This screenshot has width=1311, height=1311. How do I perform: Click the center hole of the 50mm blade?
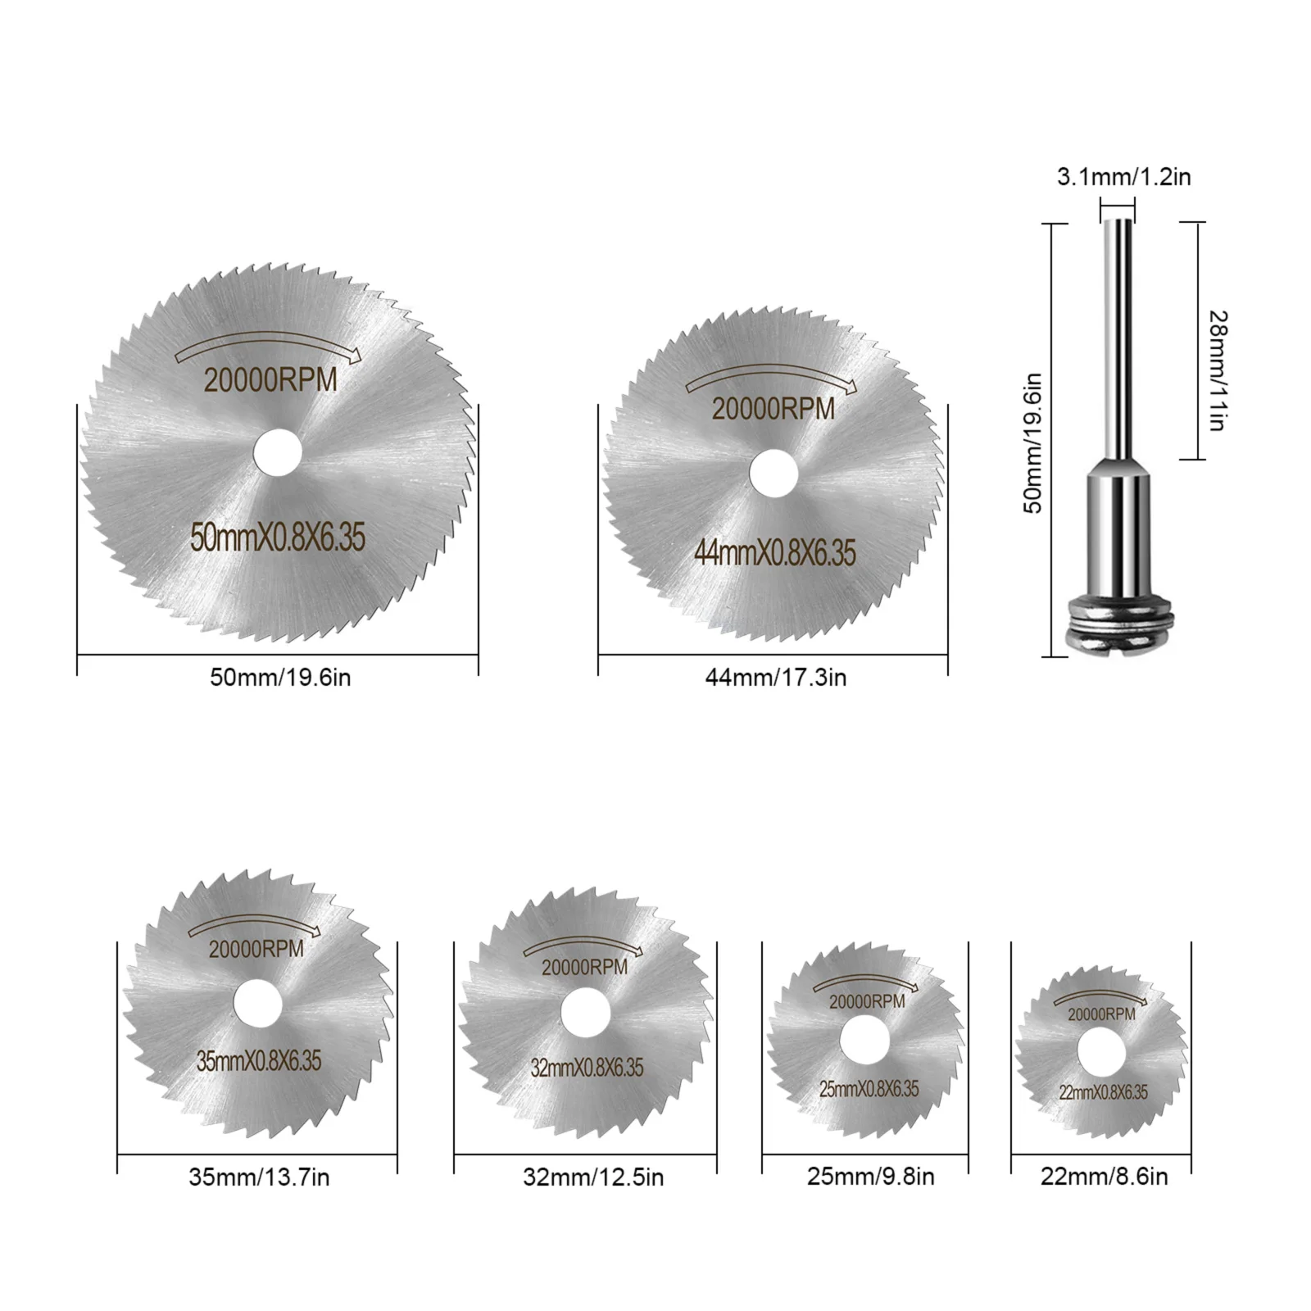click(x=278, y=453)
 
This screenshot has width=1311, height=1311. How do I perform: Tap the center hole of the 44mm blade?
click(x=774, y=473)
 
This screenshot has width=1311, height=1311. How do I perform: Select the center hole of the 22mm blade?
click(x=1101, y=1053)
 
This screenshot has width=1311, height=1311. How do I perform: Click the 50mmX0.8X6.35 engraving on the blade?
click(x=278, y=538)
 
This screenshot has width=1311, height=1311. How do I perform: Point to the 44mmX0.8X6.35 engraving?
click(x=774, y=553)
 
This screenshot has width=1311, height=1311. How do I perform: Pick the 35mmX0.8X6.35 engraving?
click(x=259, y=1061)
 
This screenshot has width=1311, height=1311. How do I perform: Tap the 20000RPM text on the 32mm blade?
click(x=584, y=967)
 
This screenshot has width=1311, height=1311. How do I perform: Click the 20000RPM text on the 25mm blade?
click(x=867, y=1001)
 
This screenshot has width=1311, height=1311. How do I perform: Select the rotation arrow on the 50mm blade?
click(x=267, y=344)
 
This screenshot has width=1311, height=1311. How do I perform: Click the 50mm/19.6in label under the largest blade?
click(x=280, y=678)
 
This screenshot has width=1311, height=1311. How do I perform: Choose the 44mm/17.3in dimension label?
click(x=775, y=678)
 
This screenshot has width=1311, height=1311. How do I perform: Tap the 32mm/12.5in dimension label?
click(x=593, y=1177)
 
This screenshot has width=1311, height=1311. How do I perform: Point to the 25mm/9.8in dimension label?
click(x=870, y=1177)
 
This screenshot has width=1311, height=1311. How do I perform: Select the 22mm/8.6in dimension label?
click(x=1104, y=1177)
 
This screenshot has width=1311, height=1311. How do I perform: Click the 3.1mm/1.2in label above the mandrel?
click(x=1123, y=176)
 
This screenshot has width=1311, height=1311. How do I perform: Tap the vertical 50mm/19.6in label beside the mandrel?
click(x=1034, y=442)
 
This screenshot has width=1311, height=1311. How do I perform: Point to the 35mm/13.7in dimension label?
click(x=259, y=1177)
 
